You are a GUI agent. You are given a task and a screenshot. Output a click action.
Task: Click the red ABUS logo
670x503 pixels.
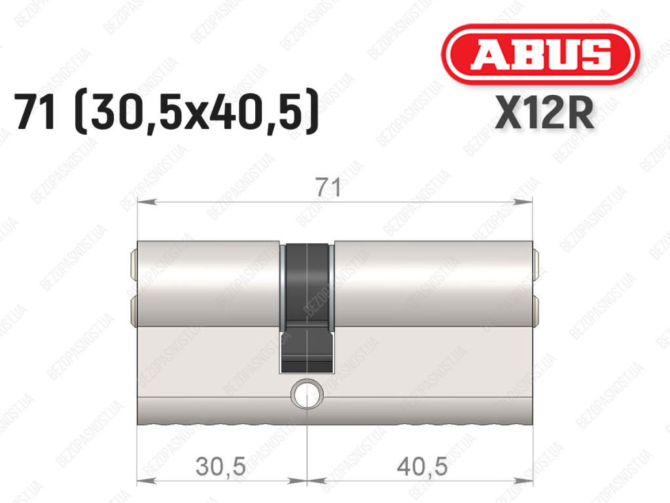click(x=540, y=54)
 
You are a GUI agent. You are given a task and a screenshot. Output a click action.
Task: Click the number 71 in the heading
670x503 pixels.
click(x=35, y=111)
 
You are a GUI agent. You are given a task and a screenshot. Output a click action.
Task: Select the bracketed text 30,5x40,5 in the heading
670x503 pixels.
click(x=196, y=111)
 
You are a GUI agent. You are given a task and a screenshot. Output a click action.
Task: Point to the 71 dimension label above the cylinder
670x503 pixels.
click(x=329, y=188)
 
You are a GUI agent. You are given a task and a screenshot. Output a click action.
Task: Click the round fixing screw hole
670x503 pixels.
click(x=307, y=394)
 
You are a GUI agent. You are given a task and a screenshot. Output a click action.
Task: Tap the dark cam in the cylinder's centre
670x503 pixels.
click(x=307, y=307)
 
